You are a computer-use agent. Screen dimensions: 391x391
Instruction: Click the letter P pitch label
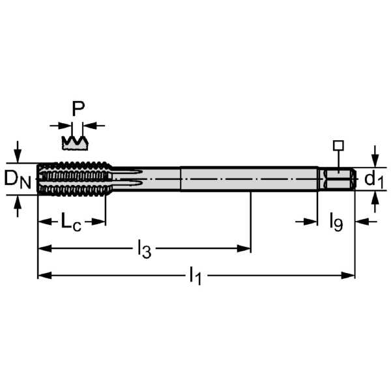[x=78, y=109]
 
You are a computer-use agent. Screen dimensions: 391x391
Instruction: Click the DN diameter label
[x=18, y=179]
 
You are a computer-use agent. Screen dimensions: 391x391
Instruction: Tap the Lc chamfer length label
[x=71, y=222]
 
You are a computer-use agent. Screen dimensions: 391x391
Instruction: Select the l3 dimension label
[x=144, y=248]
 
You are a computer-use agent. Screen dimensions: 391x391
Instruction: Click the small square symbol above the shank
[x=338, y=145]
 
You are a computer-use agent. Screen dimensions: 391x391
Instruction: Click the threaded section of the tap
[x=73, y=179]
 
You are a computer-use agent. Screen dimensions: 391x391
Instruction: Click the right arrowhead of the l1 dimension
[x=350, y=276]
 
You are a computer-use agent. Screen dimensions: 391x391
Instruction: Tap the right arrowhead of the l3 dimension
[x=246, y=248]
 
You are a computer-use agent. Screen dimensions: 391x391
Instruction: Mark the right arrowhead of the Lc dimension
[x=100, y=222]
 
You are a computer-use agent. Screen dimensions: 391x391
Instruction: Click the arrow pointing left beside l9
[x=361, y=222]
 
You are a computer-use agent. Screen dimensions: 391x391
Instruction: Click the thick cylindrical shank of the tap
[x=248, y=179]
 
